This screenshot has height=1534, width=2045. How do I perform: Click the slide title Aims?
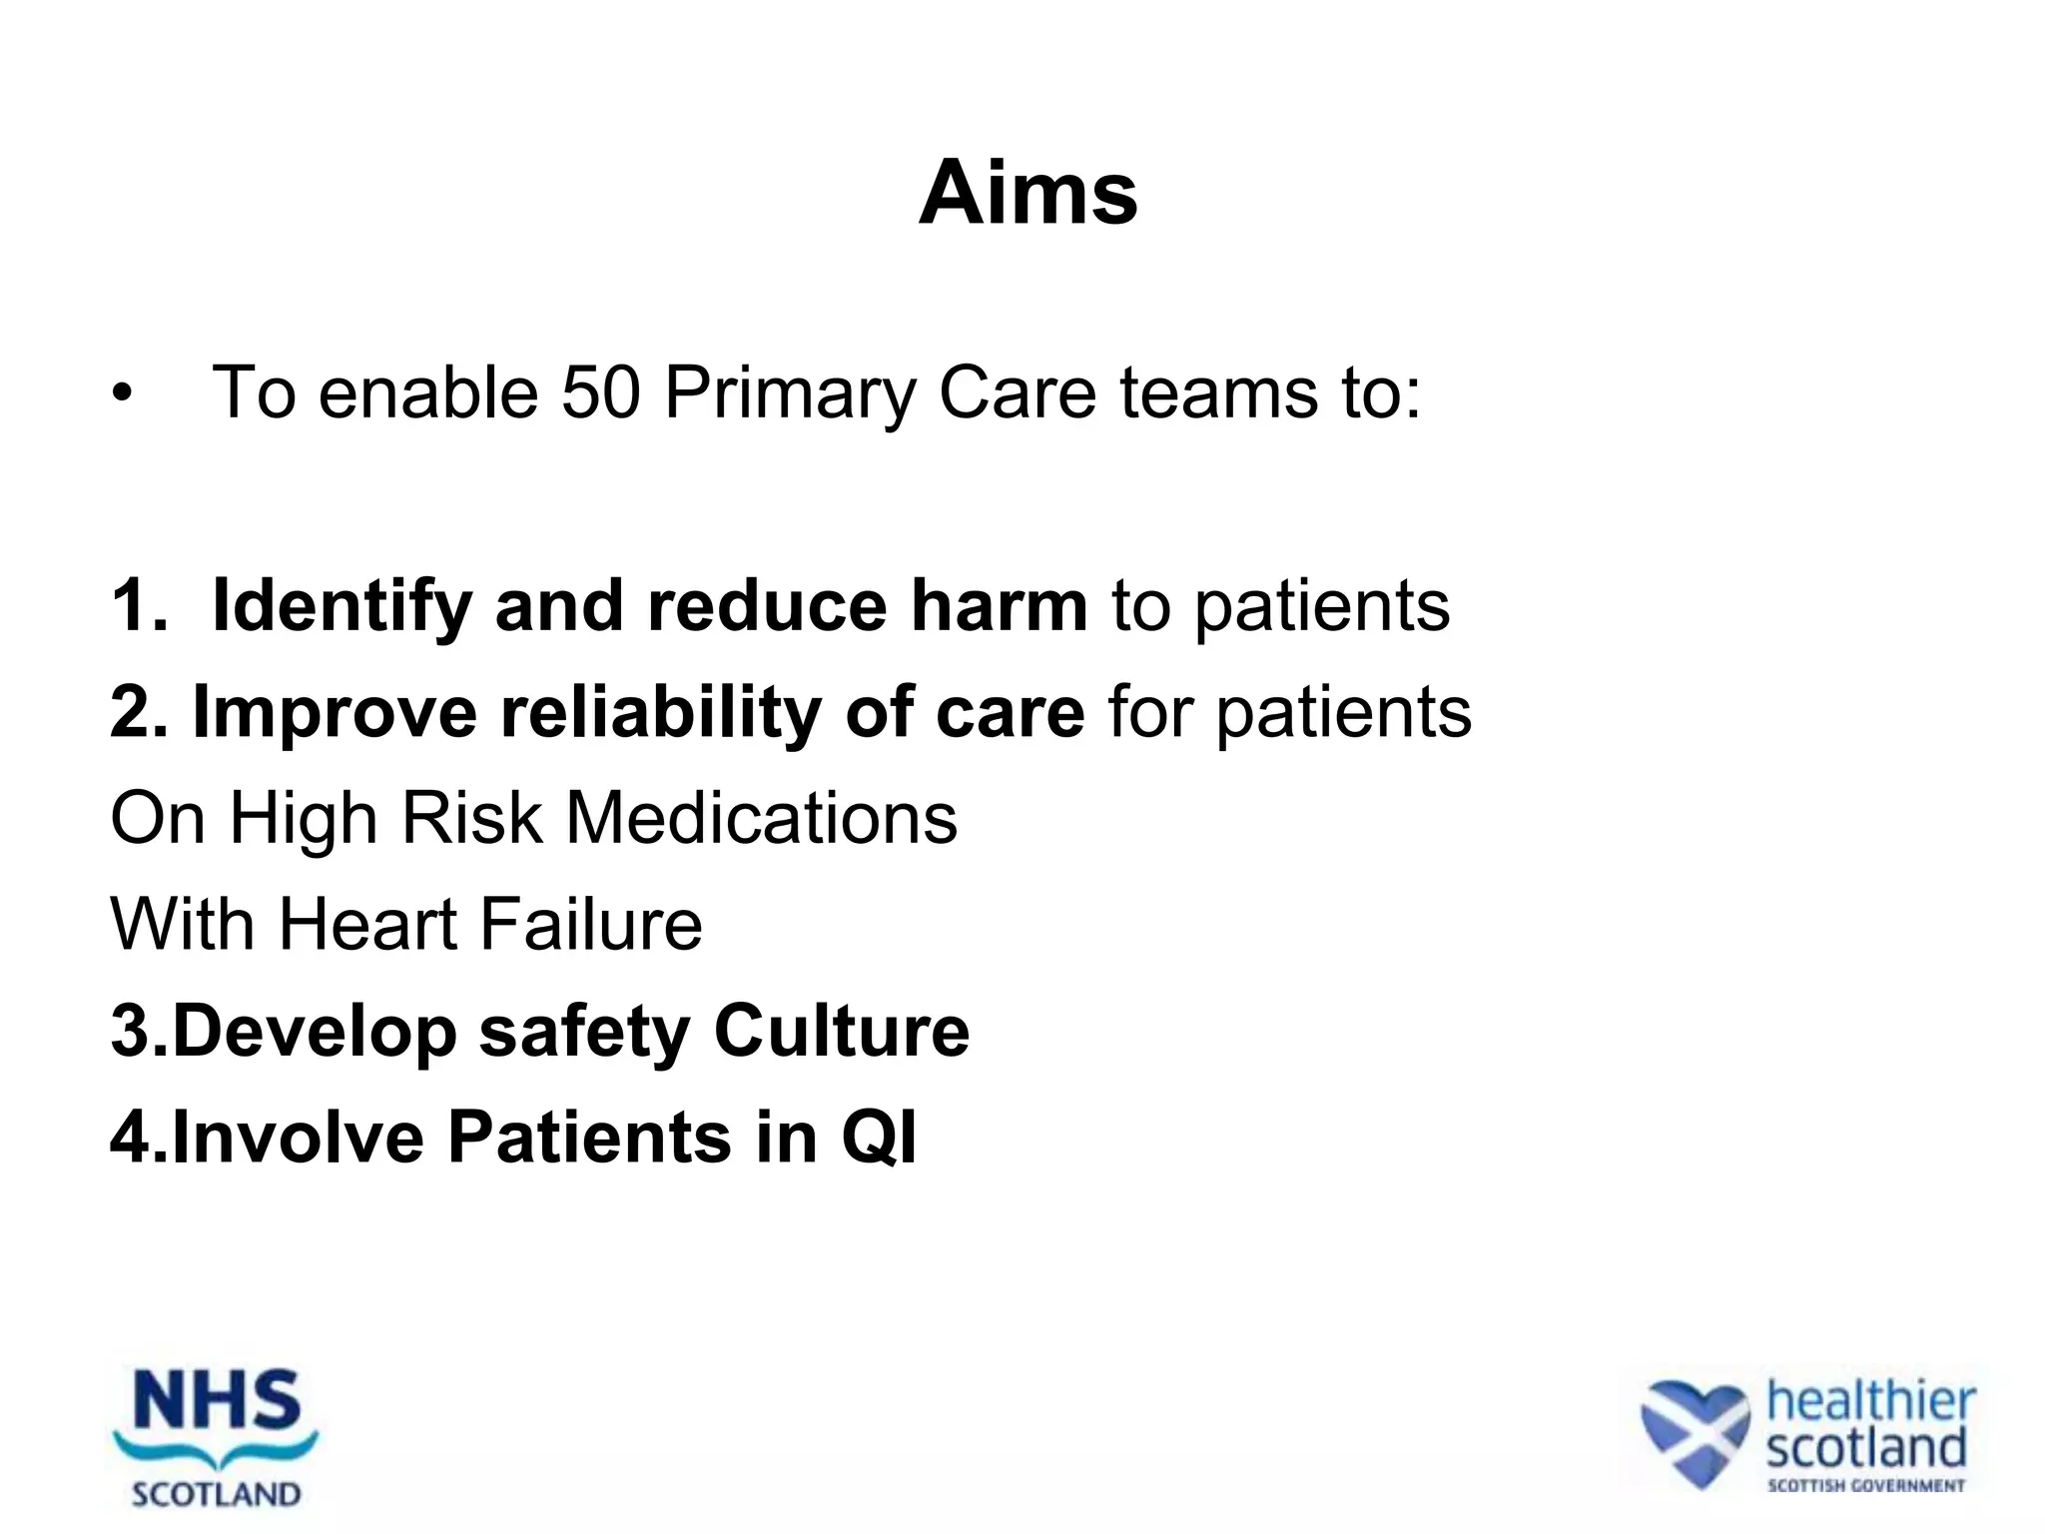click(x=1027, y=194)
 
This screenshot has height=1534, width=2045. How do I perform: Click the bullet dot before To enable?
click(x=122, y=393)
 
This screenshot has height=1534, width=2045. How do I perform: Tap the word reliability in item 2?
click(x=660, y=713)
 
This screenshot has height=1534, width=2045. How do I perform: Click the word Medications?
click(x=761, y=818)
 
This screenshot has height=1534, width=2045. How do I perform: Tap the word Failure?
click(x=591, y=924)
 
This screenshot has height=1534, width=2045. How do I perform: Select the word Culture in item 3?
click(x=841, y=1031)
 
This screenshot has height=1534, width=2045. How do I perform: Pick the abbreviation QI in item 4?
click(x=879, y=1138)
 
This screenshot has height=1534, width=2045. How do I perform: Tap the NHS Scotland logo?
click(x=216, y=1438)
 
